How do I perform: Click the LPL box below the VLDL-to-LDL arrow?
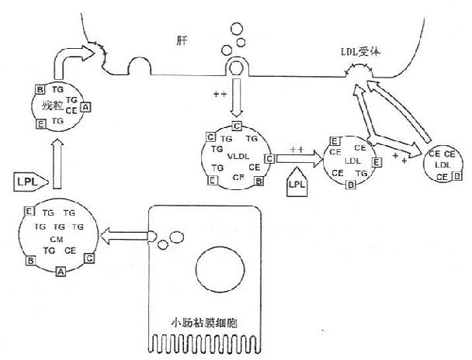(296, 184)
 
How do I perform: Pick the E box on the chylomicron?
(29, 212)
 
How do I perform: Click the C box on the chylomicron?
(91, 257)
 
